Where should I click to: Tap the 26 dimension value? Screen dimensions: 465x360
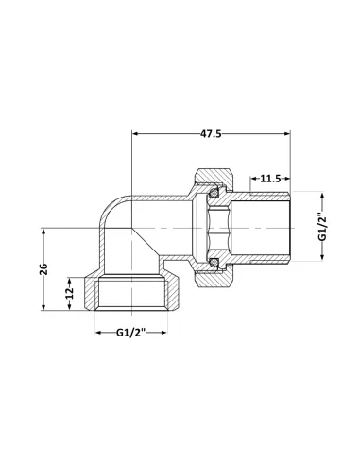click(43, 270)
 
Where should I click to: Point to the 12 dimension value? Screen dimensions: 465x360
click(68, 293)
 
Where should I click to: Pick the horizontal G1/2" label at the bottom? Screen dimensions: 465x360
click(132, 333)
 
